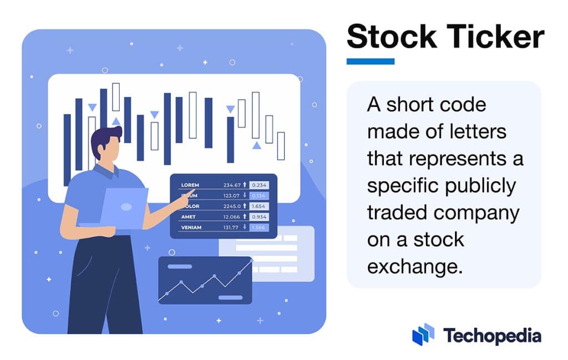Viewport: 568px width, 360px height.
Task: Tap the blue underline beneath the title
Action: click(x=370, y=62)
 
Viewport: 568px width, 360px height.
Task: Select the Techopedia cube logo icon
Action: click(x=424, y=334)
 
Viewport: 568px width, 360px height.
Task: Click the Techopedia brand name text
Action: click(x=492, y=336)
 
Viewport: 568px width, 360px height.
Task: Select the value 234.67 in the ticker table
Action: click(x=232, y=185)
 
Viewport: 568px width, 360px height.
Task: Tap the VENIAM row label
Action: click(x=191, y=227)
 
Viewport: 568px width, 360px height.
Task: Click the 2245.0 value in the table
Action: click(x=232, y=206)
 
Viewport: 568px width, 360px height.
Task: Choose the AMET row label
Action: click(x=188, y=217)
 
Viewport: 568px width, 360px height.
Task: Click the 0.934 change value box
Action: click(x=259, y=217)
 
